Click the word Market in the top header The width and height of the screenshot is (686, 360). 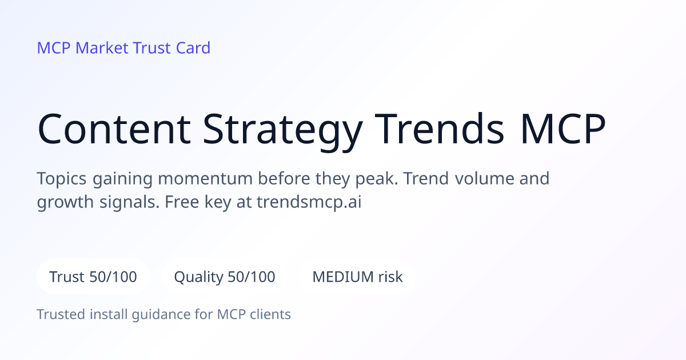tap(102, 48)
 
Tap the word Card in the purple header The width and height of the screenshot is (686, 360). tap(193, 48)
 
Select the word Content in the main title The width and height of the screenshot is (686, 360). tap(114, 129)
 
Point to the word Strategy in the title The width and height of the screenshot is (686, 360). tap(282, 132)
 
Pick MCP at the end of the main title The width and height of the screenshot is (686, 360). tap(563, 129)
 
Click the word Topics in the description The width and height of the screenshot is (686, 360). tap(62, 179)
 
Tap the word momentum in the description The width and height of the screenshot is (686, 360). tap(205, 178)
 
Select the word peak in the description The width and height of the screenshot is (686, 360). tap(376, 179)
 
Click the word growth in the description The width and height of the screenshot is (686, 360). tap(65, 202)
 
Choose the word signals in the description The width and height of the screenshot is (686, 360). tap(129, 202)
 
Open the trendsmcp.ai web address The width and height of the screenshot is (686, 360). tap(309, 202)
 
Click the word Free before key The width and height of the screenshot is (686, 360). tap(182, 202)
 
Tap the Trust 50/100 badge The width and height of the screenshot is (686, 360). tap(93, 277)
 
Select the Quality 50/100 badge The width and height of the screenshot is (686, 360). tap(225, 277)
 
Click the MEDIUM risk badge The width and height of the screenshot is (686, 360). tap(357, 277)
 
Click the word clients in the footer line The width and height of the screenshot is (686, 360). tap(270, 314)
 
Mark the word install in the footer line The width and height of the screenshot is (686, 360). tap(109, 314)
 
